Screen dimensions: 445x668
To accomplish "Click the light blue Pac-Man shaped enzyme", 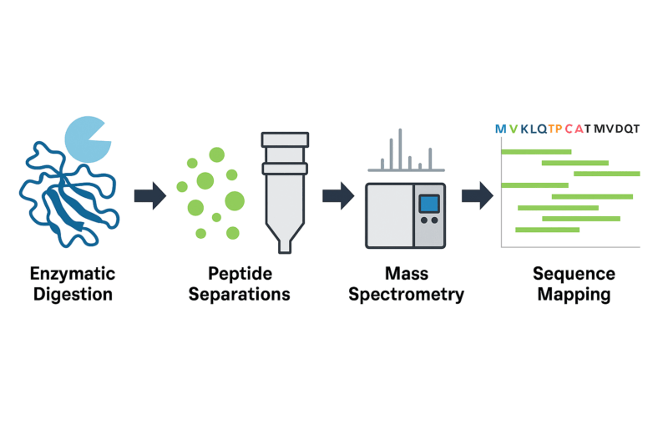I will coord(83,137).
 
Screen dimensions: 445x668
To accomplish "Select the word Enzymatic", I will coord(72,274).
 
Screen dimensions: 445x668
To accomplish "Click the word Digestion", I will coord(72,294).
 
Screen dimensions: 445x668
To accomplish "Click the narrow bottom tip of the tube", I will coord(286,245).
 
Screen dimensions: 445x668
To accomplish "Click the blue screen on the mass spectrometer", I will coord(429,203).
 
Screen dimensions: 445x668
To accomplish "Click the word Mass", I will coord(407,274).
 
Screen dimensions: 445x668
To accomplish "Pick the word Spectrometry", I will coord(407,294).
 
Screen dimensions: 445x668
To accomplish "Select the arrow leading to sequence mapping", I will coord(477,196).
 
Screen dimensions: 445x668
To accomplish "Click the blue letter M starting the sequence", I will coord(500,129).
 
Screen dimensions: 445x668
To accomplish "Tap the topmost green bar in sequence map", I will coord(536,151).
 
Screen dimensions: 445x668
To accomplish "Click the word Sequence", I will coord(574,274).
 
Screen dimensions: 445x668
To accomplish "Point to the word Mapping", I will coord(574,294).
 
